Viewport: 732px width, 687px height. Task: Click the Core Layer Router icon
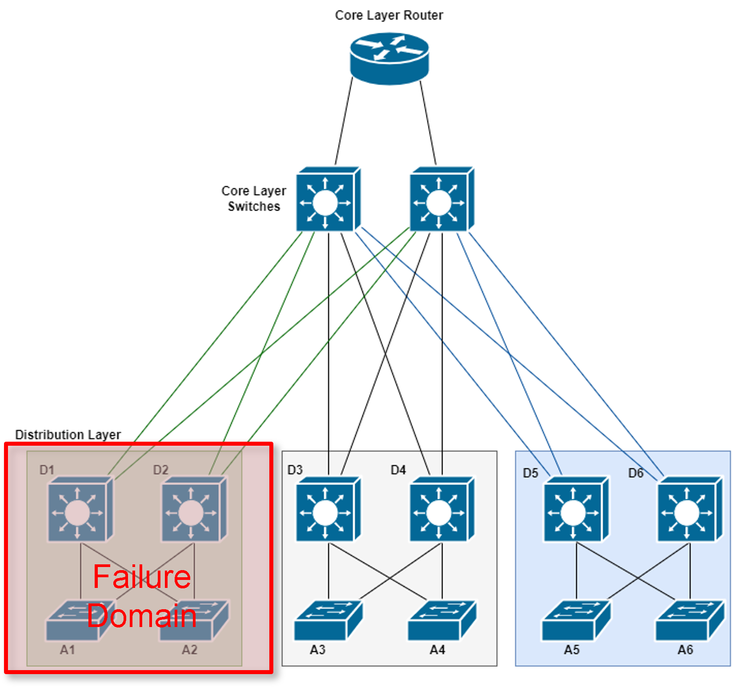pyautogui.click(x=389, y=58)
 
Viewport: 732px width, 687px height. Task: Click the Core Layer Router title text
pyautogui.click(x=389, y=15)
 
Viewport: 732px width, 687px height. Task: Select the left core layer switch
pyautogui.click(x=328, y=200)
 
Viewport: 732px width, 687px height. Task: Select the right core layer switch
pyautogui.click(x=442, y=200)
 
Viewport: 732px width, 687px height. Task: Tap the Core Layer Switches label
pyautogui.click(x=254, y=199)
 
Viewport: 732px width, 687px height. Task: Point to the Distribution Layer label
pyautogui.click(x=68, y=435)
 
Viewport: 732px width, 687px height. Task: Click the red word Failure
pyautogui.click(x=142, y=577)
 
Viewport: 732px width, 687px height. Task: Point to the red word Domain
pyautogui.click(x=142, y=616)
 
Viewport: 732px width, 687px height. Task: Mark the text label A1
pyautogui.click(x=68, y=650)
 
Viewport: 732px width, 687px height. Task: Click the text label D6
pyautogui.click(x=636, y=473)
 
